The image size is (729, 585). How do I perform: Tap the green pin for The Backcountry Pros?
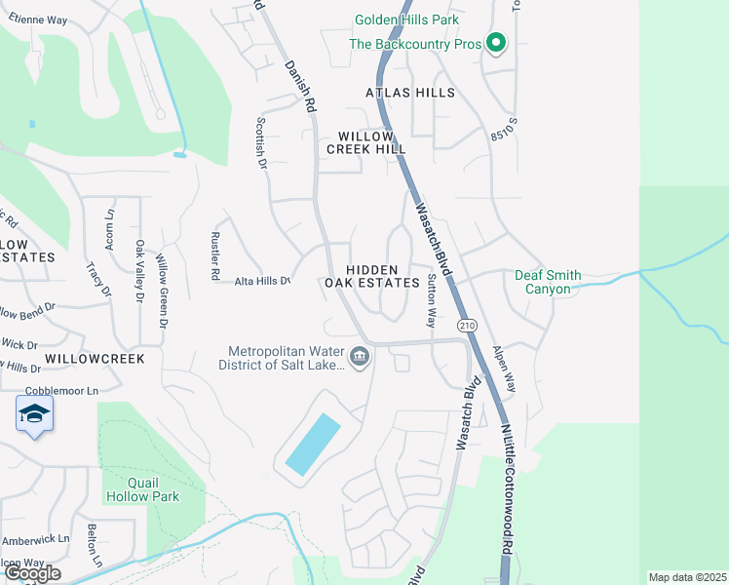pyautogui.click(x=496, y=43)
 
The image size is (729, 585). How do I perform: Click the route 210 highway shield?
pyautogui.click(x=469, y=326)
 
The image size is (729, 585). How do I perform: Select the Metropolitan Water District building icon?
pyautogui.click(x=360, y=358)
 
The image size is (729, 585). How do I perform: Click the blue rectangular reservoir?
pyautogui.click(x=312, y=445)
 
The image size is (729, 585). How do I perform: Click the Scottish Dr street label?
pyautogui.click(x=261, y=143)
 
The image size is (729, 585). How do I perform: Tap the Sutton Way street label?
pyautogui.click(x=431, y=299)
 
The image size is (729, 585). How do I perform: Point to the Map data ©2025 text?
pyautogui.click(x=687, y=577)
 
